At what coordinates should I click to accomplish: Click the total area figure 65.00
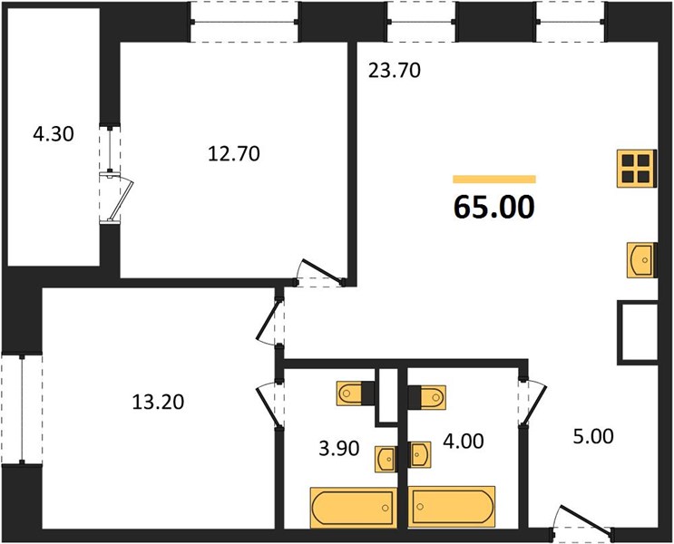[x=493, y=207]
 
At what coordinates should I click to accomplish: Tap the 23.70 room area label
[x=395, y=71]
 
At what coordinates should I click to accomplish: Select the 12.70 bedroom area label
[x=234, y=154]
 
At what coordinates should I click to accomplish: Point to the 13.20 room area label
[x=158, y=402]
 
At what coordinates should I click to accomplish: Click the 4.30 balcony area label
[x=54, y=134]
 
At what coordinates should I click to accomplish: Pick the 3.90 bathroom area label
[x=339, y=449]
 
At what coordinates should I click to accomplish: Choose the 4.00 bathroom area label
[x=464, y=442]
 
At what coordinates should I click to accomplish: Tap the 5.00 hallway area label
[x=593, y=437]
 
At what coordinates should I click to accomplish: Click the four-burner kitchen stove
[x=637, y=169]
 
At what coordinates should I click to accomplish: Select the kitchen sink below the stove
[x=641, y=260]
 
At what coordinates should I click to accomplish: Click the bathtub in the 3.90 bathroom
[x=354, y=508]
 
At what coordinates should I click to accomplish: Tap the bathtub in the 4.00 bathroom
[x=452, y=507]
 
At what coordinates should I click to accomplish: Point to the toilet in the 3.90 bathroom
[x=356, y=393]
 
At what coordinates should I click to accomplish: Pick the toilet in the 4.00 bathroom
[x=427, y=396]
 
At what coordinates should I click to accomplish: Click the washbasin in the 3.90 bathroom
[x=386, y=460]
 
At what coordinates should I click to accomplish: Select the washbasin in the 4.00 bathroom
[x=419, y=454]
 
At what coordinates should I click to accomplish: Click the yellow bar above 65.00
[x=494, y=180]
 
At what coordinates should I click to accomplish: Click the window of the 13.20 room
[x=22, y=409]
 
